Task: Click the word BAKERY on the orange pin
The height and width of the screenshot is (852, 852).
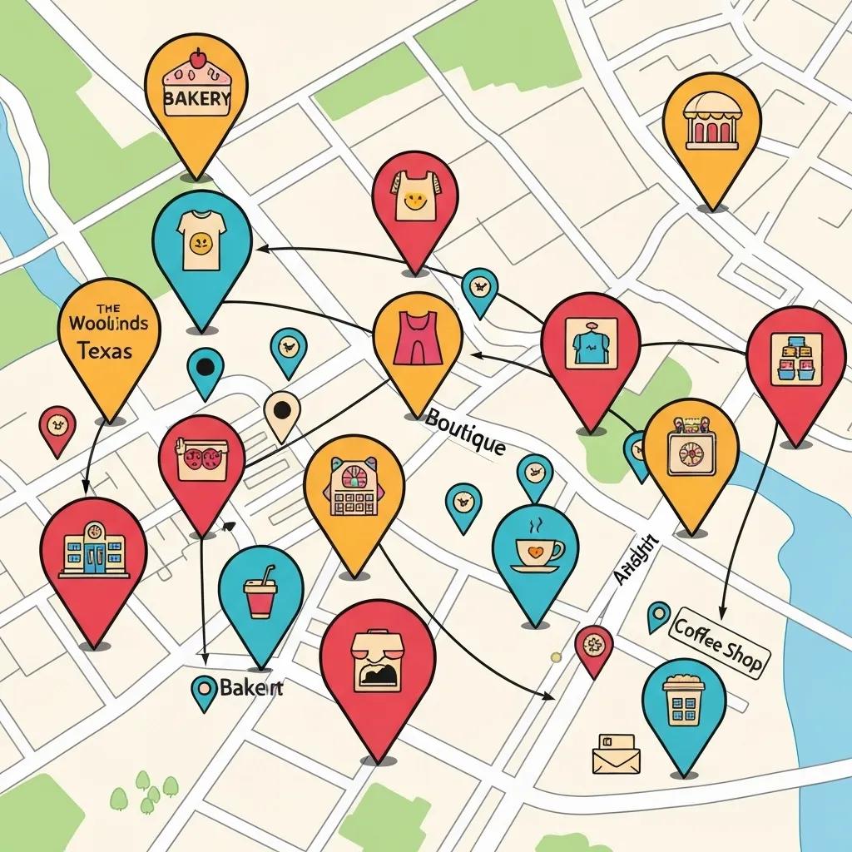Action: (x=197, y=99)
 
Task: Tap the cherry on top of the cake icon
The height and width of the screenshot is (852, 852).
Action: (x=197, y=57)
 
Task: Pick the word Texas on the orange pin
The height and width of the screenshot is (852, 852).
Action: (x=104, y=350)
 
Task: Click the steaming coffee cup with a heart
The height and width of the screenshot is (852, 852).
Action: (x=536, y=550)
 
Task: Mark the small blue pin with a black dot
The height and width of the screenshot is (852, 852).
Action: (x=204, y=367)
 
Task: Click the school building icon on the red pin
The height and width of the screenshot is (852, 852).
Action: (x=92, y=550)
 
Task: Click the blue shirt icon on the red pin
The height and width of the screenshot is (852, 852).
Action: (x=591, y=343)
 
